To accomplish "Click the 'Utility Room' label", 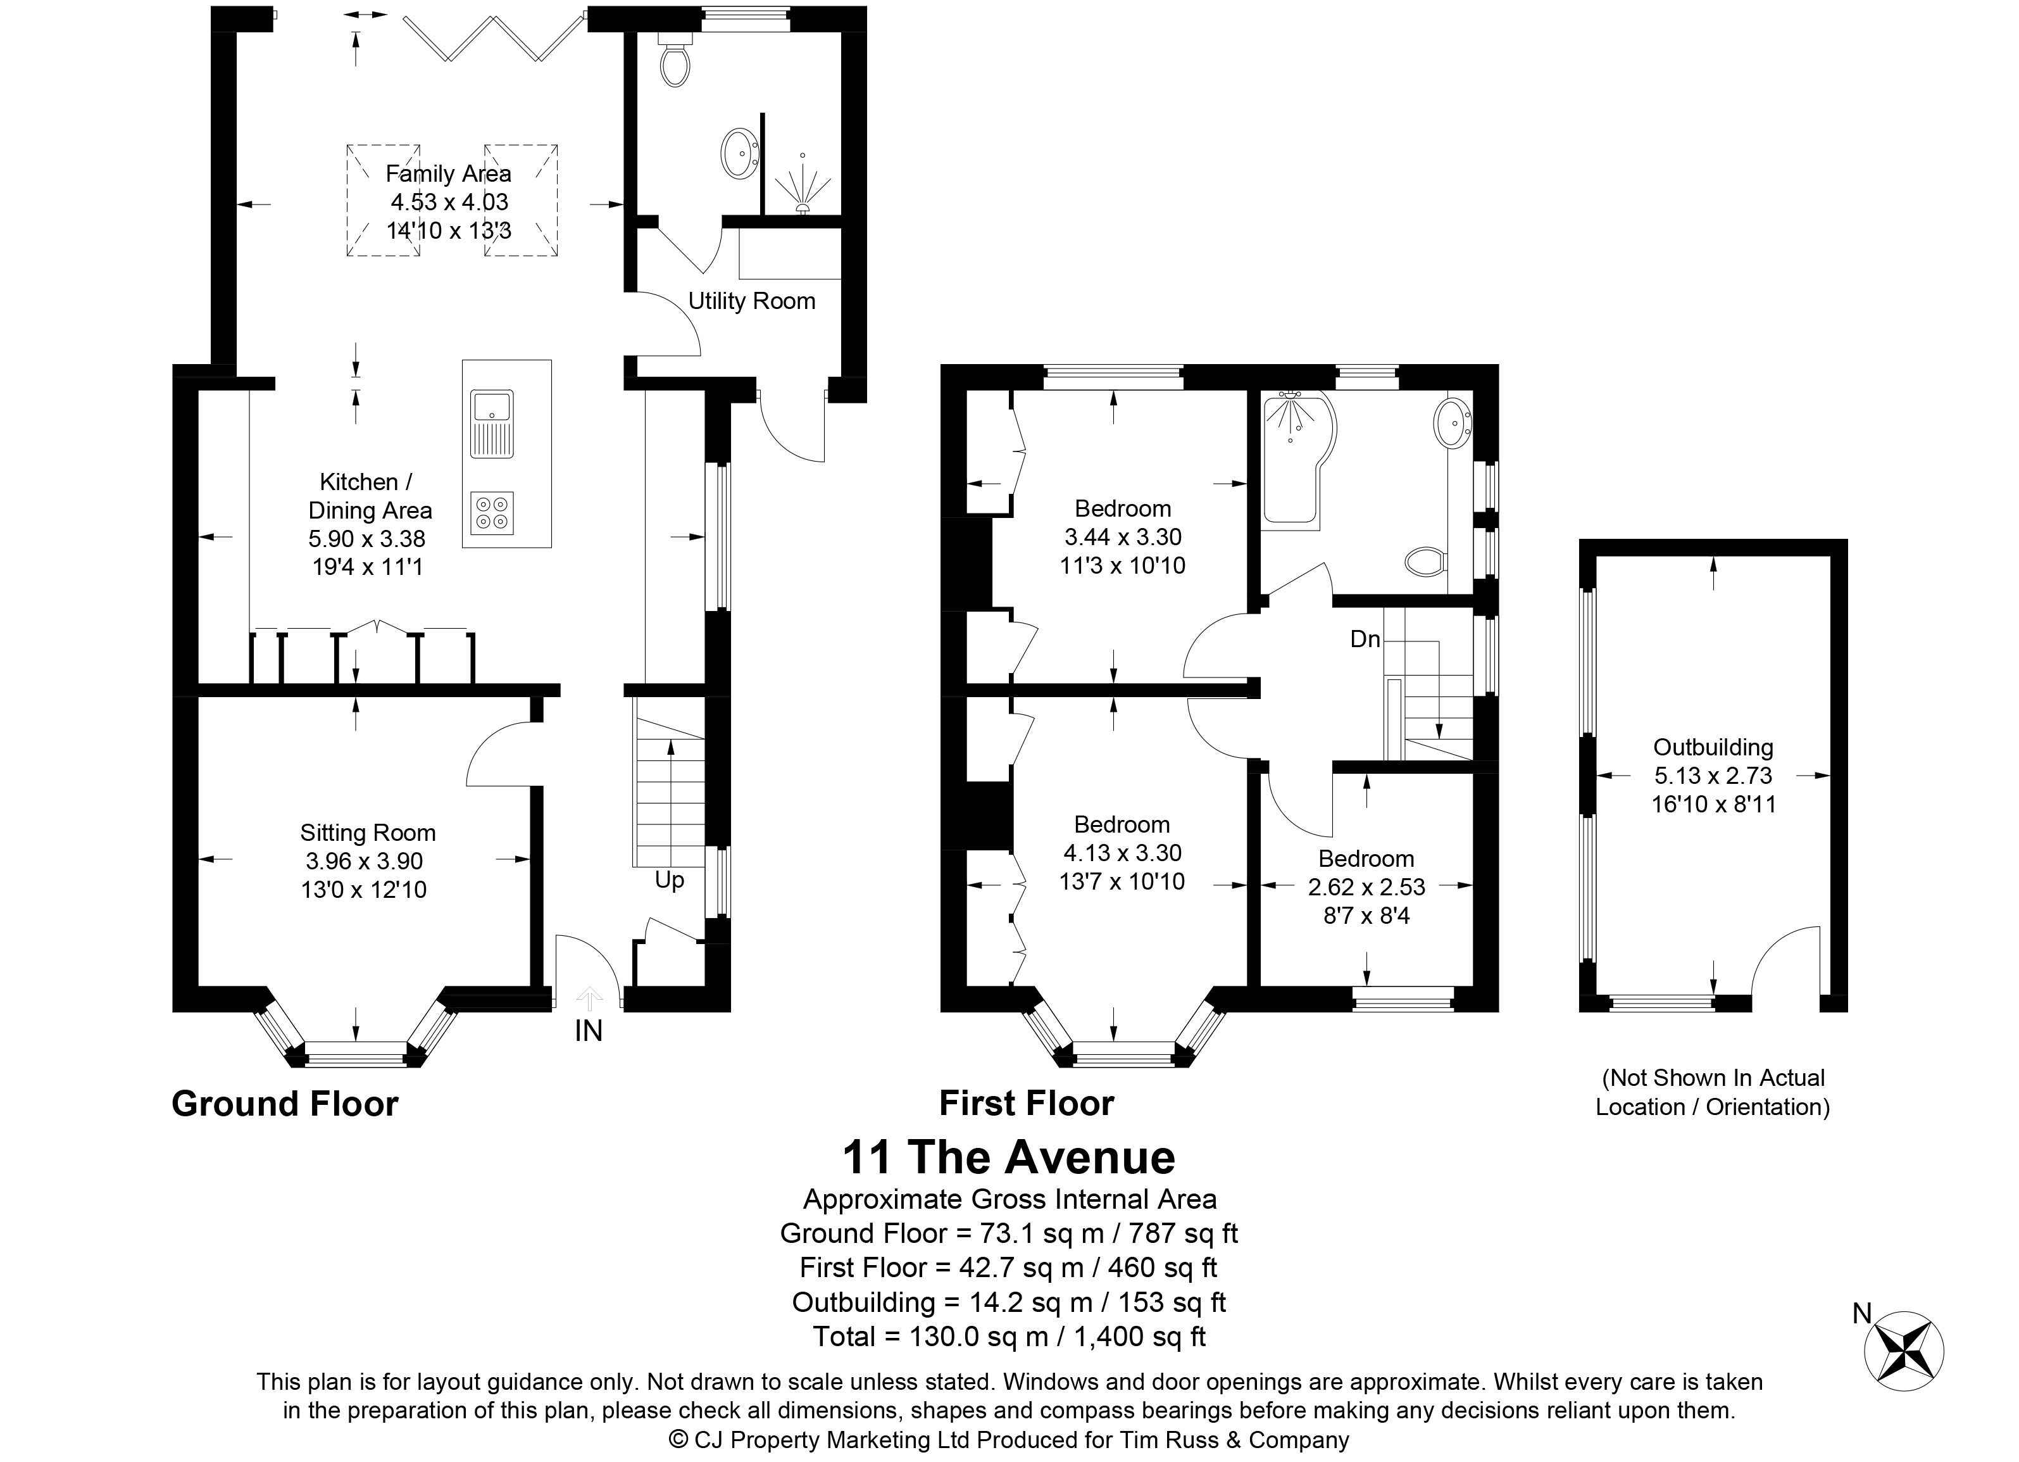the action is [x=751, y=301].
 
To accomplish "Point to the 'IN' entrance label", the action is [x=589, y=1031].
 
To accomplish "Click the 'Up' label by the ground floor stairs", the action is [x=670, y=881].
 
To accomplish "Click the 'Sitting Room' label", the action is [x=368, y=833].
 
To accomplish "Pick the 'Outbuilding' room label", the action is [x=1713, y=747].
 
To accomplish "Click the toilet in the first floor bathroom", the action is [x=1427, y=561].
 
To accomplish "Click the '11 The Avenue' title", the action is [x=1009, y=1157].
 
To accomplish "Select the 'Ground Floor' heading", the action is [x=285, y=1104].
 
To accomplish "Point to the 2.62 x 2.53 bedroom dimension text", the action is [x=1366, y=887].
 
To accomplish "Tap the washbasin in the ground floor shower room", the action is [x=738, y=154].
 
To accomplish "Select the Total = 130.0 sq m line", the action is [x=1009, y=1337].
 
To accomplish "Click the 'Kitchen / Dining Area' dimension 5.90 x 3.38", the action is [x=366, y=539].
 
